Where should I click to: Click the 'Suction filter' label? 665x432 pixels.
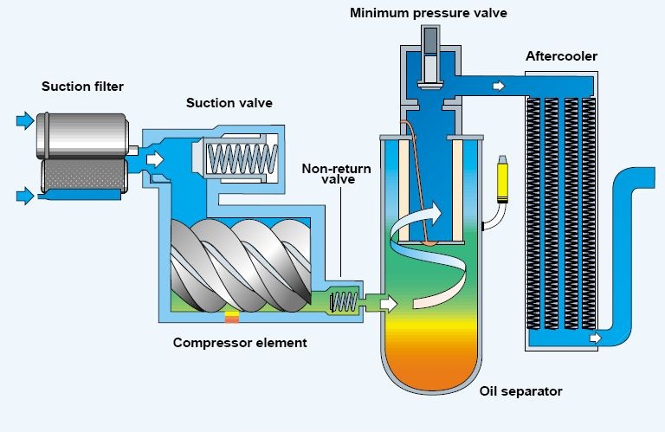click(x=83, y=87)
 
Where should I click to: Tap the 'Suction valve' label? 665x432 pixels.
click(x=229, y=103)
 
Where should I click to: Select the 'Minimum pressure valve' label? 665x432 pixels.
click(x=429, y=13)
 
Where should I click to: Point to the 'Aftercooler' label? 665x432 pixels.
click(x=561, y=56)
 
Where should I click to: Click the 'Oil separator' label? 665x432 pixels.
click(x=520, y=390)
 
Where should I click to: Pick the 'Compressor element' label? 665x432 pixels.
click(x=240, y=343)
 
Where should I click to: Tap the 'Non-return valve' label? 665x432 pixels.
click(x=336, y=174)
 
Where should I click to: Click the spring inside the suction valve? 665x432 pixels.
click(x=242, y=159)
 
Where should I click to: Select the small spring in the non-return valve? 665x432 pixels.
click(x=344, y=302)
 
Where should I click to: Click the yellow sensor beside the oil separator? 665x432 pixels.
click(x=502, y=179)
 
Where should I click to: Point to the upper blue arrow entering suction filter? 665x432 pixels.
click(x=25, y=121)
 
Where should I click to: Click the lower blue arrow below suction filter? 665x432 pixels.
click(x=25, y=196)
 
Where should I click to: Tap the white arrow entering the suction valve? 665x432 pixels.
click(x=155, y=159)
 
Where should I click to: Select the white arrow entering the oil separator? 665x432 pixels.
click(x=389, y=304)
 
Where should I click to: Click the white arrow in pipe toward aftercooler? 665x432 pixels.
click(x=499, y=86)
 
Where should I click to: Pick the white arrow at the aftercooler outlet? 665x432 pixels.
click(x=596, y=338)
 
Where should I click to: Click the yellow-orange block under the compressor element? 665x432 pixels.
click(x=232, y=317)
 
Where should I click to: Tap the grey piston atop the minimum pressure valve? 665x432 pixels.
click(x=430, y=56)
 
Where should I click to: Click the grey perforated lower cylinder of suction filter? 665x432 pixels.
click(x=84, y=176)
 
